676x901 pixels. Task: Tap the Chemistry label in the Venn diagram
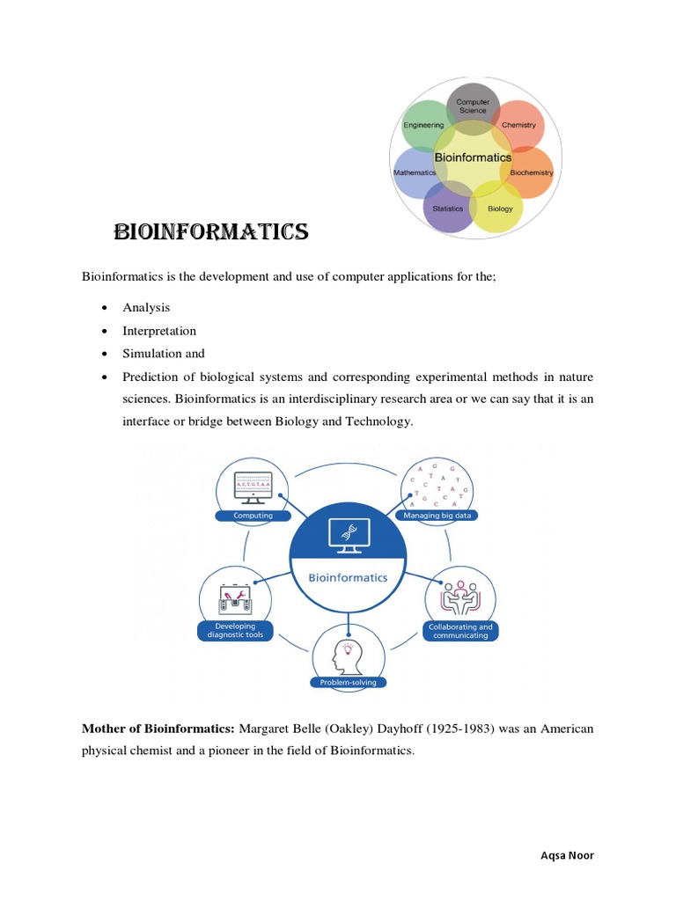(518, 125)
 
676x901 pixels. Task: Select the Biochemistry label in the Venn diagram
(532, 172)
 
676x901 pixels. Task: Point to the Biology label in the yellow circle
(500, 209)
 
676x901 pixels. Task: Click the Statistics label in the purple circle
(448, 209)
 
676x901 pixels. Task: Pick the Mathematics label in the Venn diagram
(414, 172)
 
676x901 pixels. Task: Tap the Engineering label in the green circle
(423, 125)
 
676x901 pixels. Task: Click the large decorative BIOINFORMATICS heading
(210, 232)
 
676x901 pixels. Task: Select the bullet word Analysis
(146, 308)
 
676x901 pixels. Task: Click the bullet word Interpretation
(159, 331)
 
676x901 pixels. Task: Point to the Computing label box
(253, 516)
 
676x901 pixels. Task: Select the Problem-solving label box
(348, 682)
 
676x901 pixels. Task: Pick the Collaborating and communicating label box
(460, 631)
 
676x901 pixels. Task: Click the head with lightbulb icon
(347, 656)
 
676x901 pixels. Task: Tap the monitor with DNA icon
(347, 532)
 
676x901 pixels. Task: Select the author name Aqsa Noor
(574, 855)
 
